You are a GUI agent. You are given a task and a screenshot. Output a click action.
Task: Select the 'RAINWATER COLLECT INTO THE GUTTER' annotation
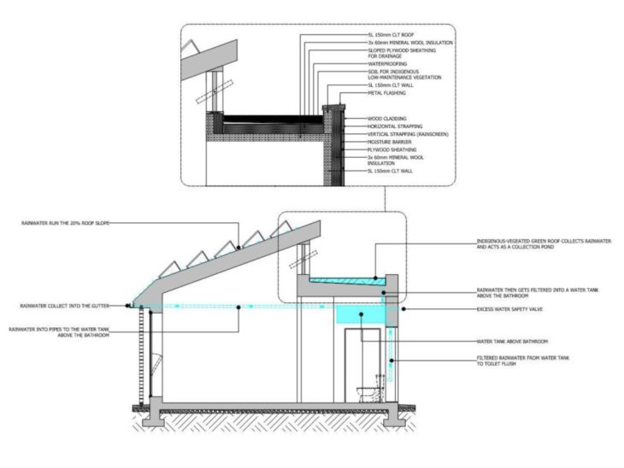[x=63, y=305]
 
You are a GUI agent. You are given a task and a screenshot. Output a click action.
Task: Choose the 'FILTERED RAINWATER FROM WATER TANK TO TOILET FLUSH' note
[x=521, y=360]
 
